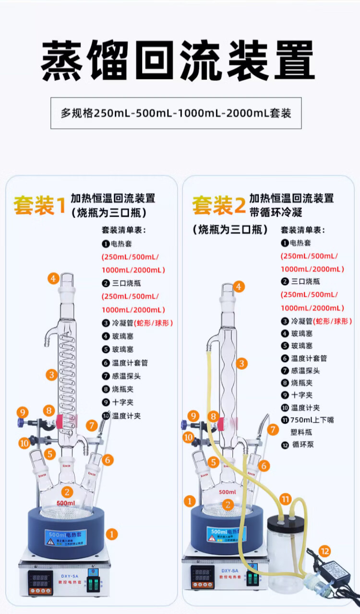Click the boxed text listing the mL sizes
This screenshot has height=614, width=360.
[x=176, y=113]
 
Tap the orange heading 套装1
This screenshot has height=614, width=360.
[x=39, y=205]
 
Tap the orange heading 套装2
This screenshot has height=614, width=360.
[x=218, y=205]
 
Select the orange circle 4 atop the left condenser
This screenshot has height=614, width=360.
[x=53, y=278]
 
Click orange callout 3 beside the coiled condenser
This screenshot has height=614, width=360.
[x=52, y=374]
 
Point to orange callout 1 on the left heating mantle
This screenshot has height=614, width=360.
[x=111, y=533]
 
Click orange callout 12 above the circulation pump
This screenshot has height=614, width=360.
[x=325, y=551]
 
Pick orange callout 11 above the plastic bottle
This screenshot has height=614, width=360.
[x=286, y=499]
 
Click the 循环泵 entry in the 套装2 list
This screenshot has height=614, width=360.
[x=302, y=445]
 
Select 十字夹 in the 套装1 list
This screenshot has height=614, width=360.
[x=122, y=402]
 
